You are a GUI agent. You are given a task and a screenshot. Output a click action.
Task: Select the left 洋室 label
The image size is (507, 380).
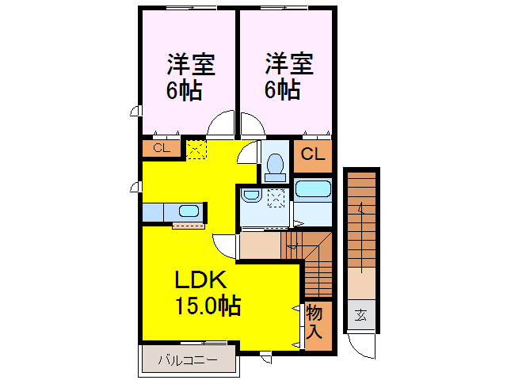[190, 62]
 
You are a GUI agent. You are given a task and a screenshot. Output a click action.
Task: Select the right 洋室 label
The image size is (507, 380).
[289, 62]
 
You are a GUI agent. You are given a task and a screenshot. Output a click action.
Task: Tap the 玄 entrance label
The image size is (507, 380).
[360, 315]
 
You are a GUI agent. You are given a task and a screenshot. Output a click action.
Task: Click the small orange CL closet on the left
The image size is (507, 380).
[161, 148]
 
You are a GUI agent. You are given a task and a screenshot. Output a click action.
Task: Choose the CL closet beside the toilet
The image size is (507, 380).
[312, 155]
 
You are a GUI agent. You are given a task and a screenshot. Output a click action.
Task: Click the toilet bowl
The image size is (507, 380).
[275, 165]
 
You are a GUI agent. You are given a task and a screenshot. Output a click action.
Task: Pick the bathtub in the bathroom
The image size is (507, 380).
[312, 190]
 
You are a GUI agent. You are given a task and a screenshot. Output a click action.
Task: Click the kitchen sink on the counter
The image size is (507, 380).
[189, 211]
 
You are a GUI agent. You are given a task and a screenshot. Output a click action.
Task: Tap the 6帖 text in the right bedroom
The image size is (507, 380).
[283, 90]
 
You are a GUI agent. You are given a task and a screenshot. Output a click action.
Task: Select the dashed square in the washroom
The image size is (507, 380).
[276, 197]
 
